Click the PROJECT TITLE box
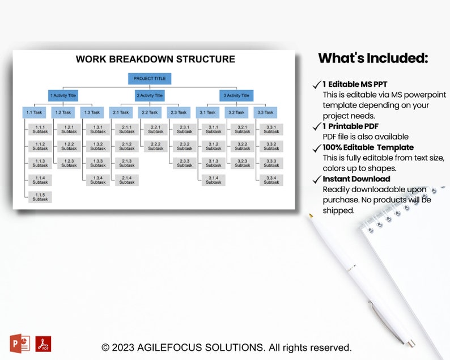150,79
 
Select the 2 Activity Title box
150,95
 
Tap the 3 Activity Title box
236,95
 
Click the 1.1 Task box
34,112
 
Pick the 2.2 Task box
150,112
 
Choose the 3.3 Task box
265,112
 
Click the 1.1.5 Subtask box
40,197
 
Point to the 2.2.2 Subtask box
156,146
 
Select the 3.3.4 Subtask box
271,180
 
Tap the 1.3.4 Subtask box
98,180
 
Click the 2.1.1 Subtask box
127,129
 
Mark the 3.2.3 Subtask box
243,163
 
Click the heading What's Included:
373,58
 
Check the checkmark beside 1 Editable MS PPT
317,85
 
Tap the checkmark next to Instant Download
317,180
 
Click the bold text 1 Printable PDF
350,126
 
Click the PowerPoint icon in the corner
20,343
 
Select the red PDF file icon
43,344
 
